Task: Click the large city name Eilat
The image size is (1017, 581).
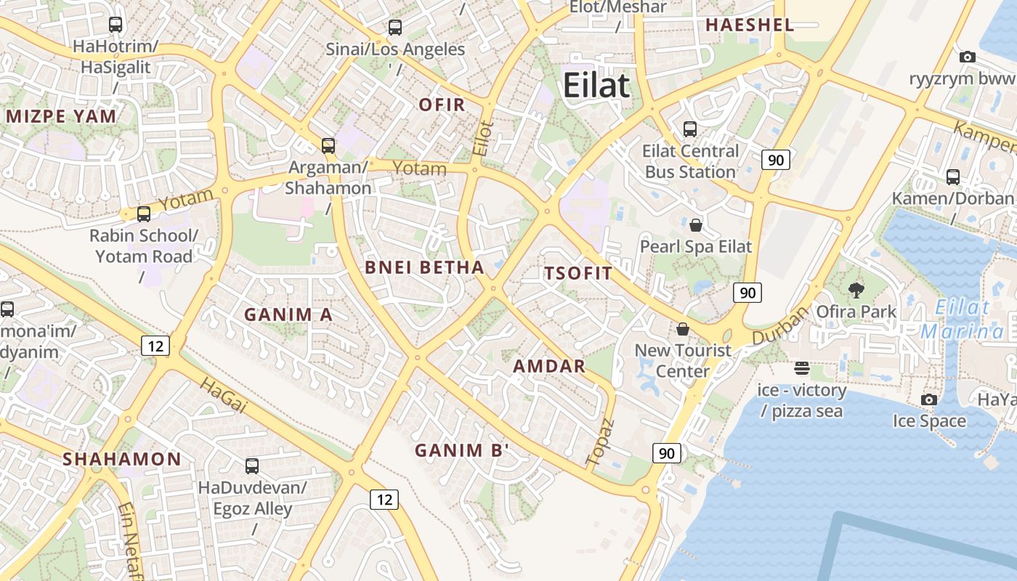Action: (x=596, y=86)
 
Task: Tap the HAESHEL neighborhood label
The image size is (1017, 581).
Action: (x=750, y=25)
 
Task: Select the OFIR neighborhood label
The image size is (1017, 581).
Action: (x=442, y=105)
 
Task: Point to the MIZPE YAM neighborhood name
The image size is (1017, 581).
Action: (x=61, y=116)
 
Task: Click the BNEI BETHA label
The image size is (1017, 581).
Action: (x=424, y=267)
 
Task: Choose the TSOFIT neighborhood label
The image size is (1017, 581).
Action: (x=578, y=273)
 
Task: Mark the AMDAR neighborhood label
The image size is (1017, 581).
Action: (x=549, y=366)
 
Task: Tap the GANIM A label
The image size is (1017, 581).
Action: (x=288, y=314)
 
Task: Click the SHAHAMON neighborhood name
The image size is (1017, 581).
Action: (x=121, y=459)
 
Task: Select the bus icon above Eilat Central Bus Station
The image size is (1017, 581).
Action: (x=690, y=129)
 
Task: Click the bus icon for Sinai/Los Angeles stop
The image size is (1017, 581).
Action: (x=394, y=28)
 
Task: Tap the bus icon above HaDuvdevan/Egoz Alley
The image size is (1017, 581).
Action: (x=252, y=466)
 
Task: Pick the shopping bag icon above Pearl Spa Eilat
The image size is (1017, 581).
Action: (x=696, y=224)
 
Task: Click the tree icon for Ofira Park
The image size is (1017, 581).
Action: (x=856, y=290)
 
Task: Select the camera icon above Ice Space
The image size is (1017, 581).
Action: (x=929, y=399)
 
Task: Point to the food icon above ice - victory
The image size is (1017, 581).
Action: (x=802, y=368)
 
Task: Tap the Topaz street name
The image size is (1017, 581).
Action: (x=600, y=441)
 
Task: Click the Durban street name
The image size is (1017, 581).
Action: (x=780, y=325)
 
